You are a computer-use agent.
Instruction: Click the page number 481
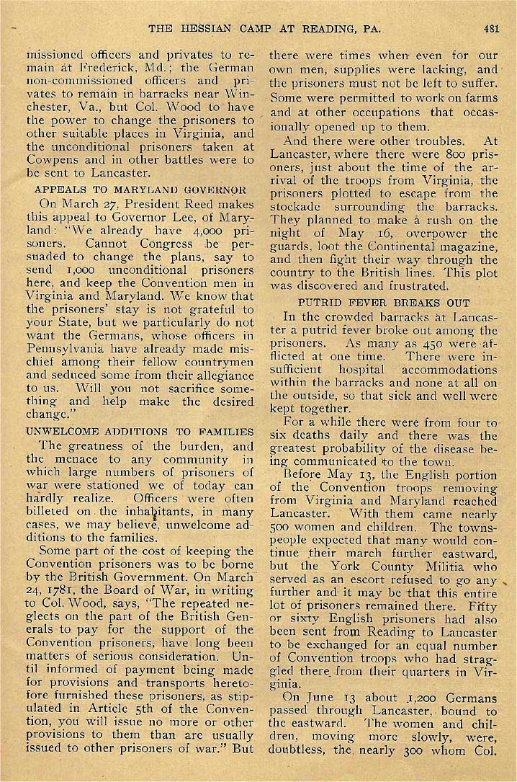click(x=491, y=29)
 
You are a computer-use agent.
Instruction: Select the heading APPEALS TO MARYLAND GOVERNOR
click(x=140, y=190)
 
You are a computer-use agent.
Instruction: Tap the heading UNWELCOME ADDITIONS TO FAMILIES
click(x=140, y=432)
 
